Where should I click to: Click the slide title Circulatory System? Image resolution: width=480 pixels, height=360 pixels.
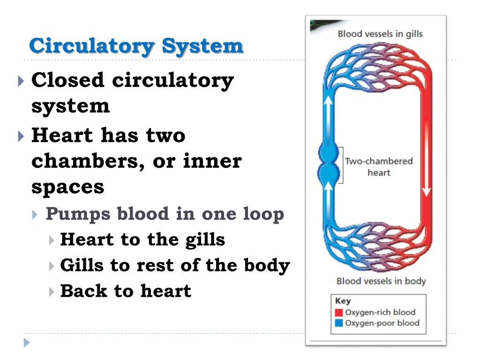pyautogui.click(x=136, y=46)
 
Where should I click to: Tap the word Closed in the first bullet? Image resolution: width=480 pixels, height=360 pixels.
pyautogui.click(x=67, y=80)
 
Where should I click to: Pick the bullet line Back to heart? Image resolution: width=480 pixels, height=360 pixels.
pyautogui.click(x=126, y=291)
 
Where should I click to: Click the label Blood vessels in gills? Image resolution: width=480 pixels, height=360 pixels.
pyautogui.click(x=380, y=34)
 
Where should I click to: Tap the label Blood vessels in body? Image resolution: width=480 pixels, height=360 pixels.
pyautogui.click(x=381, y=281)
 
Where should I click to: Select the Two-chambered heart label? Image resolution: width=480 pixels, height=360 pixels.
pyautogui.click(x=379, y=167)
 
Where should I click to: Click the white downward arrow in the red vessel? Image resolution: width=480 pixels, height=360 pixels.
pyautogui.click(x=426, y=159)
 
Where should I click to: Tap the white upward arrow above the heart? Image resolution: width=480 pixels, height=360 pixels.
pyautogui.click(x=328, y=117)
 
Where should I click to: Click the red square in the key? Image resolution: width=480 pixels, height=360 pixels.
pyautogui.click(x=339, y=313)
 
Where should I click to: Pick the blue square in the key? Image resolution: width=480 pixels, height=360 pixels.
pyautogui.click(x=339, y=323)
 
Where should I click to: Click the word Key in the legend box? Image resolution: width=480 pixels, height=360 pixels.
pyautogui.click(x=343, y=301)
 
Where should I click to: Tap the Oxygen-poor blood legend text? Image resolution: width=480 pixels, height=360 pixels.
pyautogui.click(x=382, y=323)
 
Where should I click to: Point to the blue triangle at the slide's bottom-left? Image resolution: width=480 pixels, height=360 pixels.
pyautogui.click(x=27, y=343)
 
